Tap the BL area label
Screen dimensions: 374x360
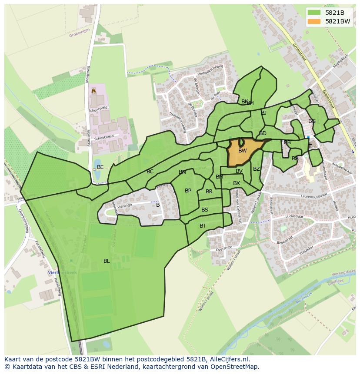pyautogui.click(x=107, y=261)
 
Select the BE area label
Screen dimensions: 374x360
pyautogui.click(x=100, y=167)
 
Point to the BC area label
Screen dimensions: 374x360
pyautogui.click(x=150, y=172)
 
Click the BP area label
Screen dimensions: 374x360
pyautogui.click(x=188, y=191)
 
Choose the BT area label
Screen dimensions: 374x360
pyautogui.click(x=203, y=226)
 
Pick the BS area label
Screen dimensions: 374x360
pyautogui.click(x=205, y=210)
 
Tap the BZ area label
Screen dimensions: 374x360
pyautogui.click(x=257, y=169)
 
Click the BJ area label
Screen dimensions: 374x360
pyautogui.click(x=263, y=113)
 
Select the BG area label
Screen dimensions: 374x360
pyautogui.click(x=312, y=121)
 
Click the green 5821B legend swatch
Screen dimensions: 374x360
pyautogui.click(x=314, y=13)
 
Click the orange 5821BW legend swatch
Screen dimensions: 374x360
pyautogui.click(x=314, y=21)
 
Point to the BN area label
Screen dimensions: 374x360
pyautogui.click(x=182, y=172)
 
